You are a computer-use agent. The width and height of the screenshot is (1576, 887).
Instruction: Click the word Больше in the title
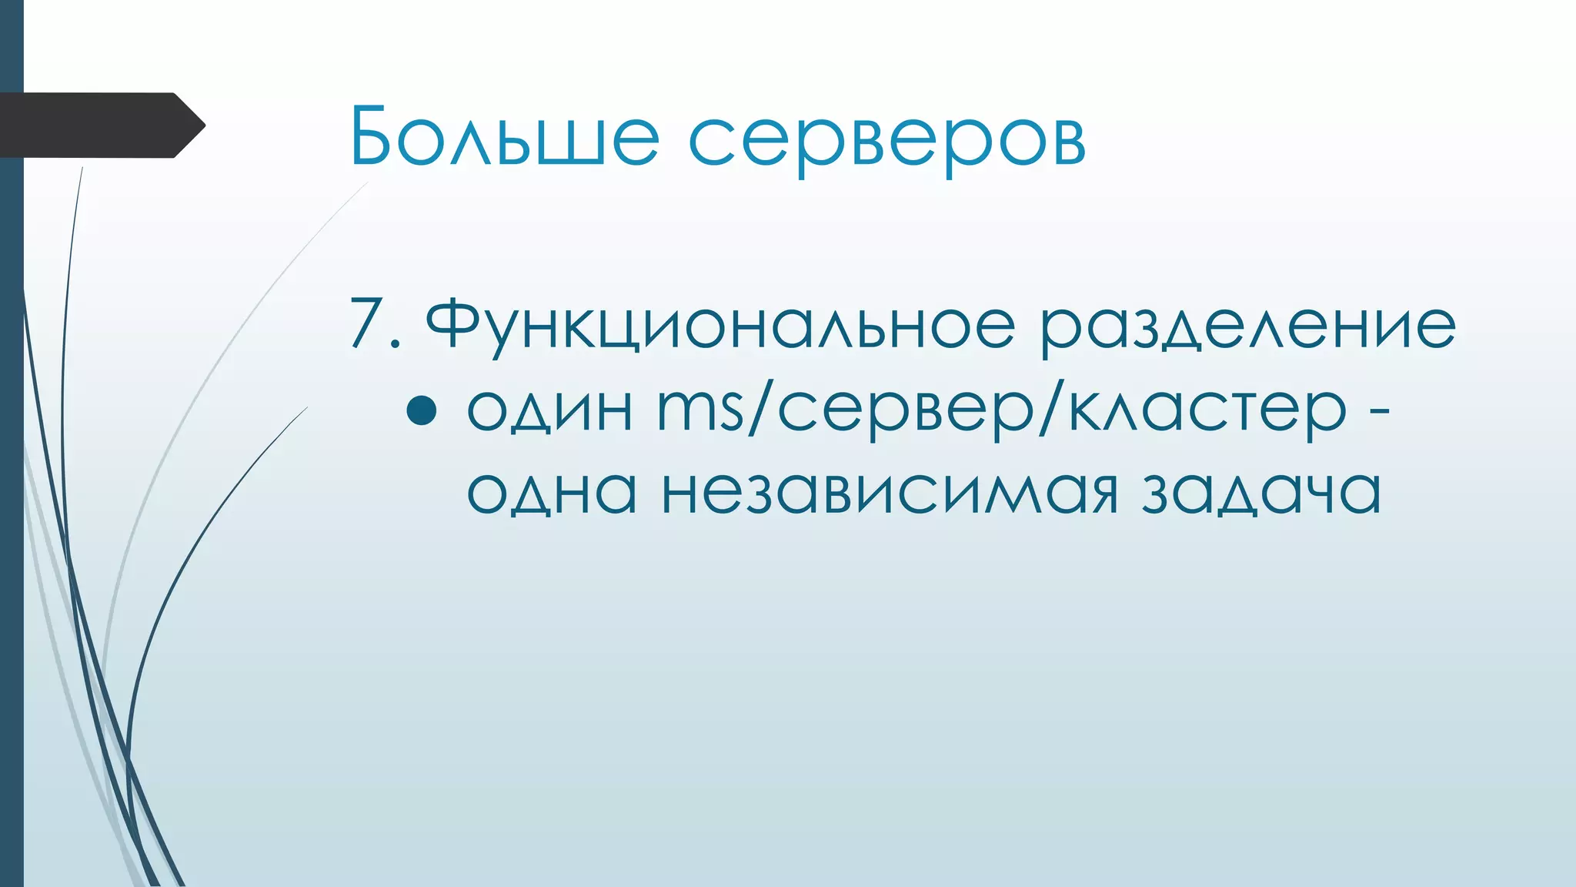[504, 136]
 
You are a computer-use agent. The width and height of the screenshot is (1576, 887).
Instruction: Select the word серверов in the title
[886, 142]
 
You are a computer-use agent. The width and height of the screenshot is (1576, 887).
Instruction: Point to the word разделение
[1247, 328]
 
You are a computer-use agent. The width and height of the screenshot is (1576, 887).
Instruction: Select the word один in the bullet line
[550, 409]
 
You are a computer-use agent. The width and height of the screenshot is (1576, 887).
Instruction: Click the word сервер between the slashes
[907, 412]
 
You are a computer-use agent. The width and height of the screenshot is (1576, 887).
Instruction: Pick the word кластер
[1208, 412]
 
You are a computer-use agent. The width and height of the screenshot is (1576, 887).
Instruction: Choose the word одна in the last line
[552, 492]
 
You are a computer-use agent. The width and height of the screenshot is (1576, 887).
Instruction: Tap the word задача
[1261, 494]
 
